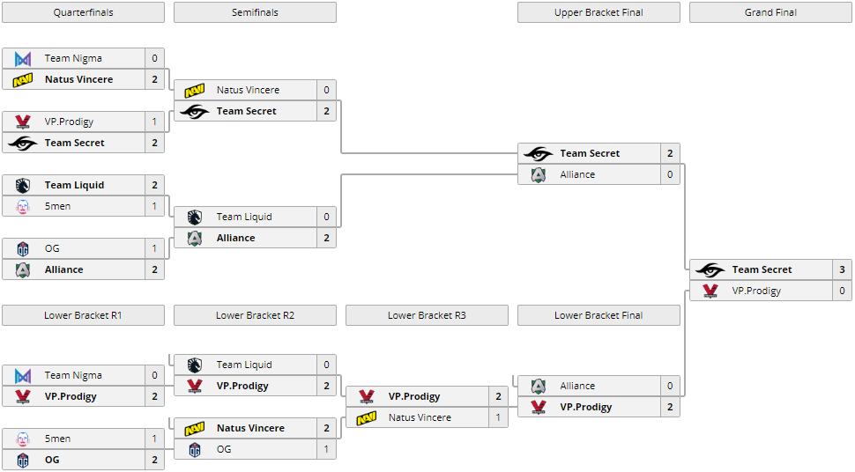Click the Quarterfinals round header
pos(83,12)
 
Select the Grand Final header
pos(770,12)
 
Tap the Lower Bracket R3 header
pos(427,315)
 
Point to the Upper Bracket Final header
pos(598,12)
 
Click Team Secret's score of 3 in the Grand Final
pos(842,269)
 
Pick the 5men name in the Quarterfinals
pos(58,206)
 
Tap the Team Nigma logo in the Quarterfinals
pos(23,58)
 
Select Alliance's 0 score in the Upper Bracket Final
pos(670,174)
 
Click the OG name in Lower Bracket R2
pos(224,449)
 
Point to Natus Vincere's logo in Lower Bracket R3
pos(367,417)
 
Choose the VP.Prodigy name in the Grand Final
pos(756,291)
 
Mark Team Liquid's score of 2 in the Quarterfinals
pos(154,185)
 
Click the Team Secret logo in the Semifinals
pos(195,111)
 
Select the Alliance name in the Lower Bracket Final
pos(577,386)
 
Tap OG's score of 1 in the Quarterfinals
pos(154,248)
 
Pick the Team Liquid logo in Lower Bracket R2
pos(195,365)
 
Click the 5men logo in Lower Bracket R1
pos(23,439)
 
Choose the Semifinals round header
pos(255,12)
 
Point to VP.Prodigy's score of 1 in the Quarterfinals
pos(154,122)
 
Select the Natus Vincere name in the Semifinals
pos(248,90)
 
